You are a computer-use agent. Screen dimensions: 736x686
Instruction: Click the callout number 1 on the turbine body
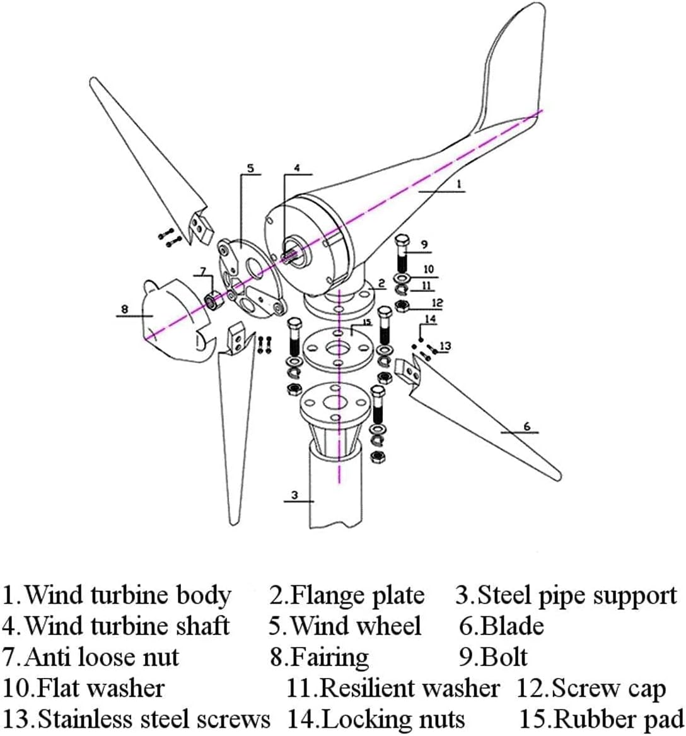(459, 184)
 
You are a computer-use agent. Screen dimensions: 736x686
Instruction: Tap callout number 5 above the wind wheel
(250, 168)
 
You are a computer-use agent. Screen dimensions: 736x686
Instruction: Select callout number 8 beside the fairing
(124, 309)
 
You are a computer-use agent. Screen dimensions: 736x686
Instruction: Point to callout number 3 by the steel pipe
(294, 495)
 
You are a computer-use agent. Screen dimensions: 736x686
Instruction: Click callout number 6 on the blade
(527, 426)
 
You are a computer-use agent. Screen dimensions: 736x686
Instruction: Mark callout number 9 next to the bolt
(424, 244)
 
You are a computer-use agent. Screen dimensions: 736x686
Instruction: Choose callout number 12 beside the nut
(437, 303)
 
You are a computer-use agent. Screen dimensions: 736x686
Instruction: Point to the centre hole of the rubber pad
(338, 349)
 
